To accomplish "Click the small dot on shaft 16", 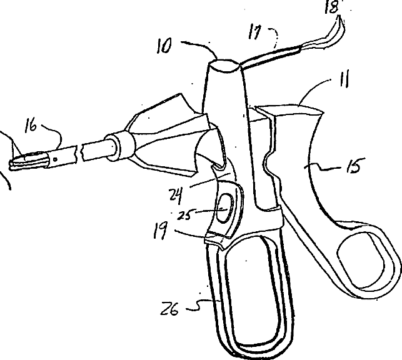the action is [x=56, y=159].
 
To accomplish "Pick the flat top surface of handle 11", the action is [x=291, y=111].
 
